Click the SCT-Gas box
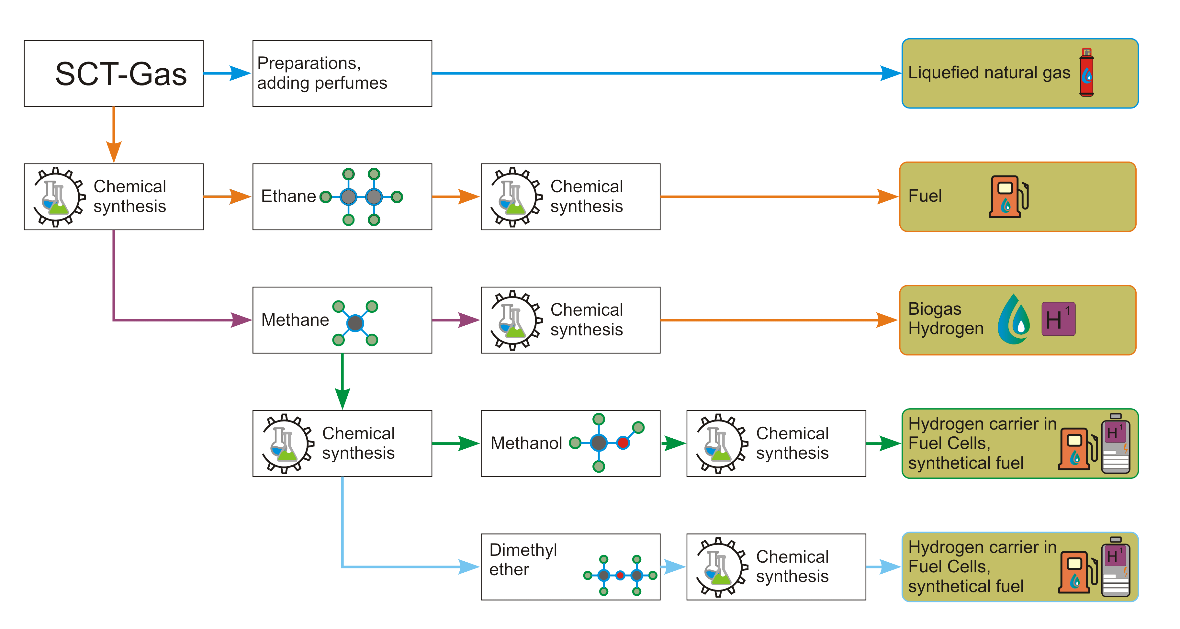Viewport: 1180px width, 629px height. coord(114,73)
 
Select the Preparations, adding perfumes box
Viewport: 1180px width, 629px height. coord(342,73)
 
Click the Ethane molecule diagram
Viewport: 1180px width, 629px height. coord(361,197)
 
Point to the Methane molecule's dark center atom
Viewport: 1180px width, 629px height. coord(355,323)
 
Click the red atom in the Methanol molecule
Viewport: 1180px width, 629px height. coord(623,443)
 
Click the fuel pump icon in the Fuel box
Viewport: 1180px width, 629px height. coord(1008,197)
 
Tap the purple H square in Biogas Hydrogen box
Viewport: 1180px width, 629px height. coord(1058,319)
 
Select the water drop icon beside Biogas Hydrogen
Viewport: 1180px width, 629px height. coord(1014,319)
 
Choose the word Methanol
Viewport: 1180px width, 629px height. coord(526,443)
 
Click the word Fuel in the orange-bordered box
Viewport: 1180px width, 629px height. coord(925,196)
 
